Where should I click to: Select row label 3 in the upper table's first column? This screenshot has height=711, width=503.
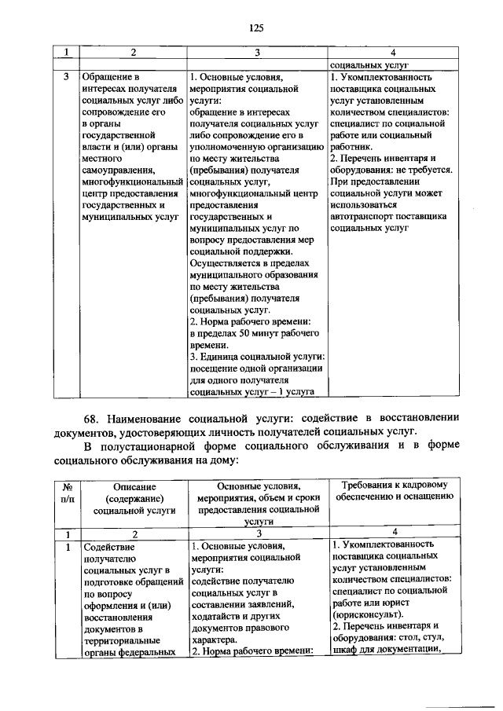click(68, 77)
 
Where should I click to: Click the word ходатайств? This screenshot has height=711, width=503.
click(217, 615)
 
